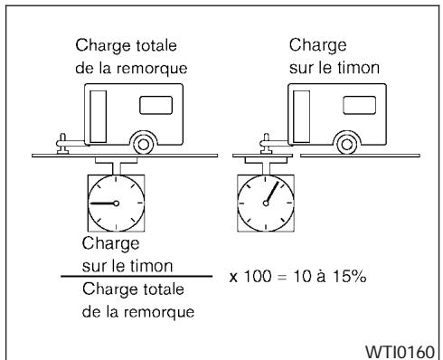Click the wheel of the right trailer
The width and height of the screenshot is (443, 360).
click(344, 143)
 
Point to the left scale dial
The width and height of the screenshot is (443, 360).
click(117, 203)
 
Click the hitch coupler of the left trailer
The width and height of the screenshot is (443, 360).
click(65, 142)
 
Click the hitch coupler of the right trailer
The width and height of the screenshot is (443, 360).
click(266, 142)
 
